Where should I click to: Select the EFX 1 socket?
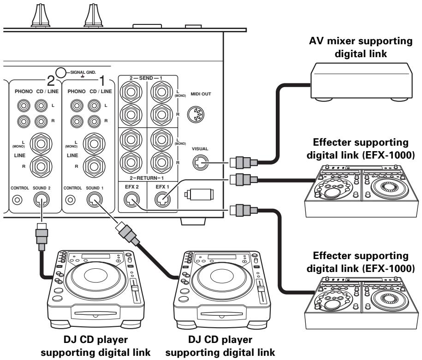coord(161,199)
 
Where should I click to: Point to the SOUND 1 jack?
coord(95,199)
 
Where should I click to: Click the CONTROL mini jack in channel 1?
coord(71,200)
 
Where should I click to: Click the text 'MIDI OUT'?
coord(200,94)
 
